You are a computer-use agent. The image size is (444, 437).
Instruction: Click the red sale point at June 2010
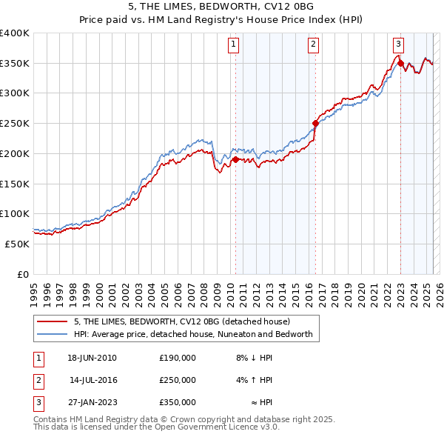tap(235, 159)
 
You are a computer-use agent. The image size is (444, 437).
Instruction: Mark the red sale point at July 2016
tap(315, 123)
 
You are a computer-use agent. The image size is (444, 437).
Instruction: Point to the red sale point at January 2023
tap(400, 63)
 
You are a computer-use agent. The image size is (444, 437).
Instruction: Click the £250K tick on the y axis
tap(15, 123)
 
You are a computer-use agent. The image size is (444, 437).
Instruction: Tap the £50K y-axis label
tap(18, 244)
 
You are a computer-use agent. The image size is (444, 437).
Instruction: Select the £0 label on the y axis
tap(24, 274)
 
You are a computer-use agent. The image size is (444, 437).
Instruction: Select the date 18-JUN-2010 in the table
tap(92, 358)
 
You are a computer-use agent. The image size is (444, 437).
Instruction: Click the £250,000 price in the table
tap(177, 380)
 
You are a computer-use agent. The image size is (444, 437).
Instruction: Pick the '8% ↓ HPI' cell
tap(254, 358)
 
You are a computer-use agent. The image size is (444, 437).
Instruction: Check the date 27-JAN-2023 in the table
tap(92, 402)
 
